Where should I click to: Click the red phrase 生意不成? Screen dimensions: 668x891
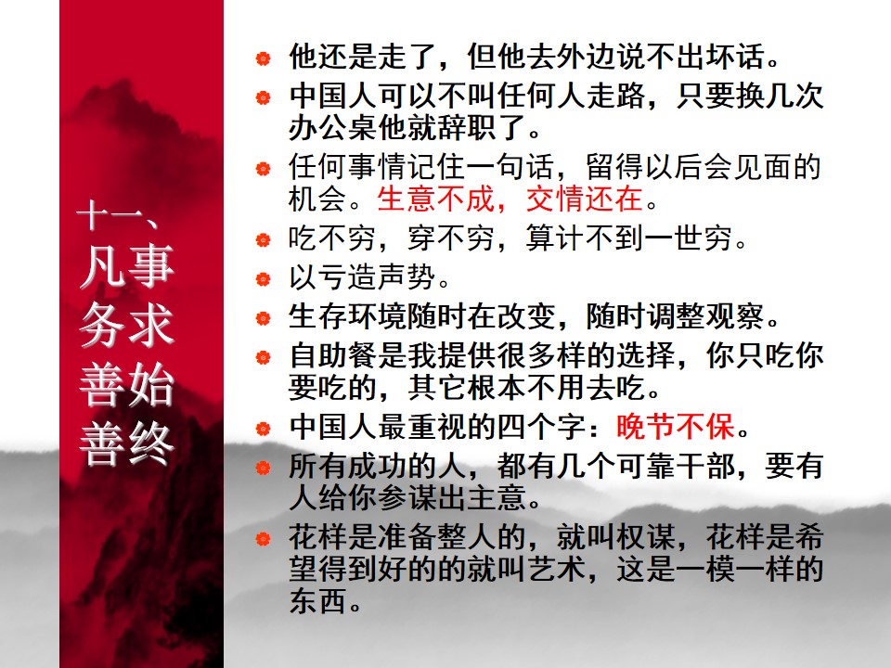pos(435,199)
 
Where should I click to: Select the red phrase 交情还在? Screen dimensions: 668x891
pos(585,199)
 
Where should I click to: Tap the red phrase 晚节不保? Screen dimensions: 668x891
pos(675,428)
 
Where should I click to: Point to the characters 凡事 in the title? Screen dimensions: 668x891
pos(126,267)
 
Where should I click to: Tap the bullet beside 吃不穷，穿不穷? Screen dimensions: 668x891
pos(264,241)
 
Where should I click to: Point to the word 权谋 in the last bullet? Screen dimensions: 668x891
pos(644,540)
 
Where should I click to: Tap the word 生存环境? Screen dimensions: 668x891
pos(346,317)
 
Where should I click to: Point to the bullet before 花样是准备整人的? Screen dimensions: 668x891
pos(264,540)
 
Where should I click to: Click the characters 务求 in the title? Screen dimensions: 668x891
pos(126,326)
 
